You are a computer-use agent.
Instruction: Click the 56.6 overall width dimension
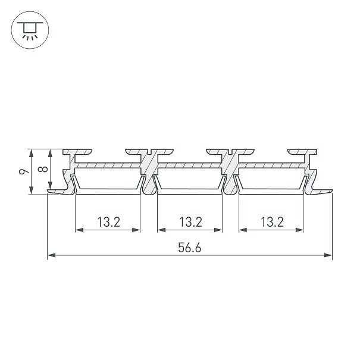pos(189,248)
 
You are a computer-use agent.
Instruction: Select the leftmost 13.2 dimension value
pos(109,222)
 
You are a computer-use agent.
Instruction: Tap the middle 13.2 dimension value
pos(190,222)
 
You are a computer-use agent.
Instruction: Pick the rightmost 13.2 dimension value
pos(272,222)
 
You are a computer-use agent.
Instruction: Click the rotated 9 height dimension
pos(24,171)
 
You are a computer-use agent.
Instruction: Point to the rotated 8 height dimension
pos(43,169)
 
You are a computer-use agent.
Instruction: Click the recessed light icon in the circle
pos(30,30)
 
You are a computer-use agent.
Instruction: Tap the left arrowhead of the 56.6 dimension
pos(51,255)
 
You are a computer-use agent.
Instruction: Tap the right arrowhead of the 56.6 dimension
pos(328,255)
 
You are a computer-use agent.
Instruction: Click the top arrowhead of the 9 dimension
pos(31,153)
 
